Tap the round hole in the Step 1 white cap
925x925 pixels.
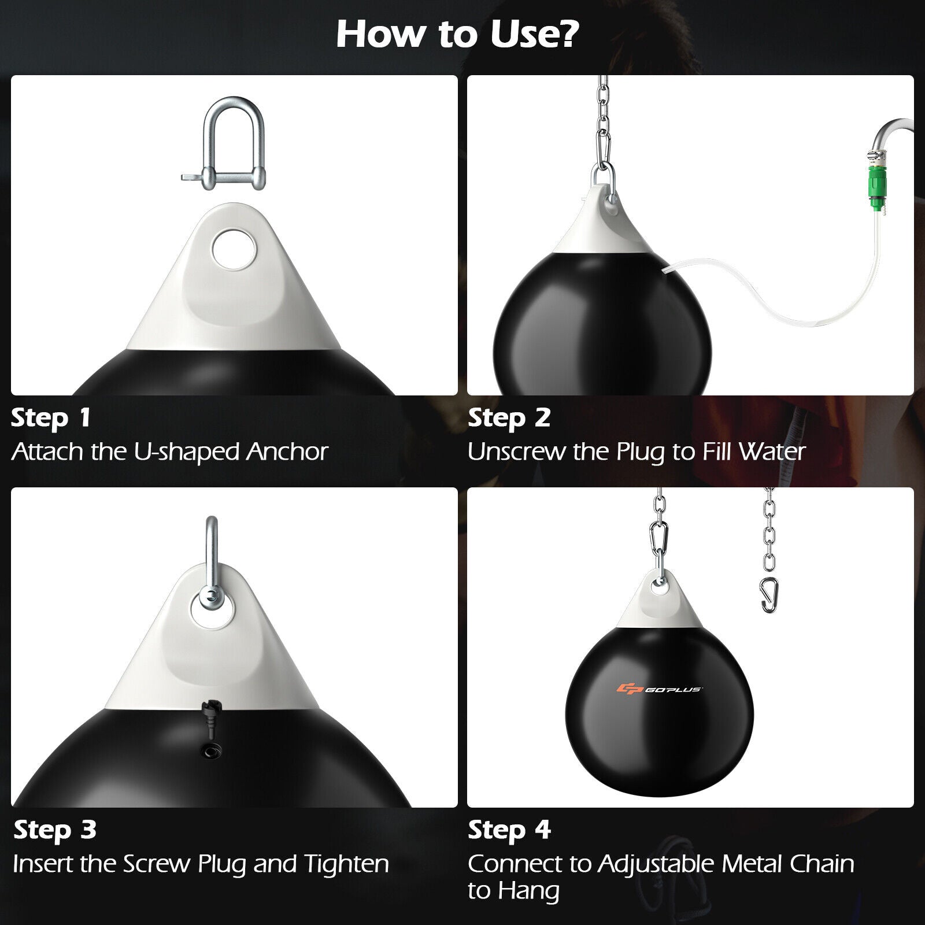(x=234, y=250)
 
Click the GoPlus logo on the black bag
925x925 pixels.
(x=659, y=689)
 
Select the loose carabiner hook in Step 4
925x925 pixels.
(x=768, y=595)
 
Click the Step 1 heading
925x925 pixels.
(x=51, y=418)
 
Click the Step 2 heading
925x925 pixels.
(x=509, y=418)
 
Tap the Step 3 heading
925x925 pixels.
(x=55, y=830)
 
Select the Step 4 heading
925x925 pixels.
(x=509, y=830)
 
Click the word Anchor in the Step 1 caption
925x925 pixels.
(x=287, y=452)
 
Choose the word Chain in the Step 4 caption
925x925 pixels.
(x=822, y=864)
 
